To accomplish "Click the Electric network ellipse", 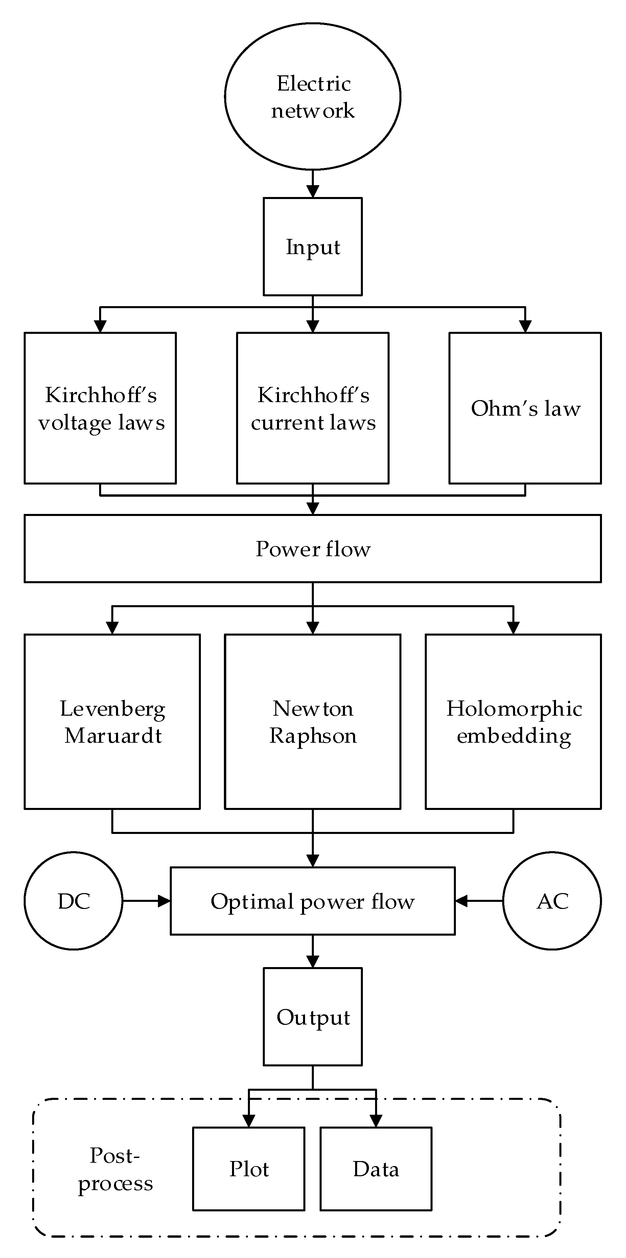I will [x=313, y=97].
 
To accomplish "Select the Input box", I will [x=313, y=247].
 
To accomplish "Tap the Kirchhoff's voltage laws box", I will [x=100, y=408].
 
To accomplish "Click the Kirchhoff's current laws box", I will [x=313, y=408].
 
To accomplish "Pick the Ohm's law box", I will [x=525, y=408].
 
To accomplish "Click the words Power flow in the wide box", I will [x=313, y=549].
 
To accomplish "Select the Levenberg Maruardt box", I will [x=112, y=722].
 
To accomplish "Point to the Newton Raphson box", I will [x=313, y=722].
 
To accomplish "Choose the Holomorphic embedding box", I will [x=513, y=722].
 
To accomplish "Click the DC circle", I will [x=73, y=901].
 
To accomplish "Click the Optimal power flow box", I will [x=313, y=902].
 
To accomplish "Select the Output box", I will [x=313, y=1017].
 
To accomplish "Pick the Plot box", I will [x=249, y=1169].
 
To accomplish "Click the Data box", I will [x=376, y=1169].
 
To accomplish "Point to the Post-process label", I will [x=115, y=1169].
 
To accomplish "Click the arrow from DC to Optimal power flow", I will [x=146, y=901].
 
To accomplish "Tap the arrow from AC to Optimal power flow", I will [x=479, y=901].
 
